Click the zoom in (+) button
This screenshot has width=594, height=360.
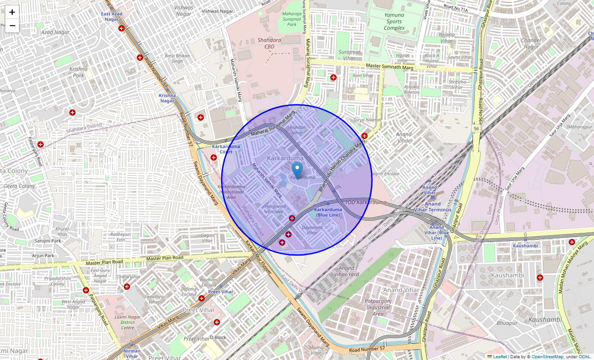[x=12, y=12]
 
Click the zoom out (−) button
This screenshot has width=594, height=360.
[x=12, y=26]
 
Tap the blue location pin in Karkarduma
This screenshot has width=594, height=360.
[x=297, y=171]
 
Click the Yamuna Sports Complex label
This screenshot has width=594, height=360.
[x=394, y=22]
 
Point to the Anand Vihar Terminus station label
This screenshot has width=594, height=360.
[x=432, y=207]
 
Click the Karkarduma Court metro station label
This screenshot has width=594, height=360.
[x=226, y=149]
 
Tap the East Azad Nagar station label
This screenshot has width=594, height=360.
[x=112, y=17]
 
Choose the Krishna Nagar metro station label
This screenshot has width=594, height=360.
[x=167, y=98]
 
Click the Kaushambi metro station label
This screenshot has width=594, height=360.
[x=525, y=246]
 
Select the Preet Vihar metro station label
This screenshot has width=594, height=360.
[x=220, y=292]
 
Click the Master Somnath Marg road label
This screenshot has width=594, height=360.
[x=389, y=67]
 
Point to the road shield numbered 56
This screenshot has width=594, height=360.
[x=476, y=129]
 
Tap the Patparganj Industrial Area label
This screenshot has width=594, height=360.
[x=378, y=307]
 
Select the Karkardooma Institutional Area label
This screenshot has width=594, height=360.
[x=231, y=192]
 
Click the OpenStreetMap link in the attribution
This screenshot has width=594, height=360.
[x=547, y=356]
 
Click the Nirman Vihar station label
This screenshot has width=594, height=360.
[x=131, y=354]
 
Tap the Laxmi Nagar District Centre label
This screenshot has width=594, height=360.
[x=128, y=322]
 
